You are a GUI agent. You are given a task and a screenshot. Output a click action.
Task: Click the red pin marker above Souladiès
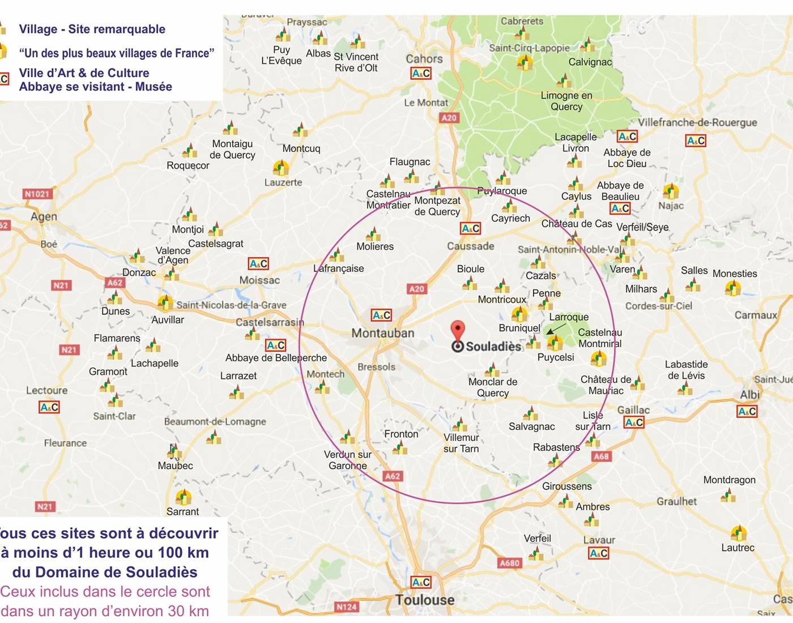(x=457, y=330)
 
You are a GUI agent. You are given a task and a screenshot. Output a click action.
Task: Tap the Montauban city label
(x=383, y=333)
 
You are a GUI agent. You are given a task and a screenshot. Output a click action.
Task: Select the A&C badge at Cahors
(x=421, y=73)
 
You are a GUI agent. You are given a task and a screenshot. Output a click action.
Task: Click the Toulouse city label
(x=425, y=600)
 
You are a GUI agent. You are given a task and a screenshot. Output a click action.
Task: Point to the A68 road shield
(x=601, y=456)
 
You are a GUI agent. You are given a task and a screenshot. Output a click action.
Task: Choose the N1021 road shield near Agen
(x=37, y=194)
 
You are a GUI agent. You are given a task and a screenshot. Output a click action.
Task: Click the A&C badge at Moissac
(x=259, y=264)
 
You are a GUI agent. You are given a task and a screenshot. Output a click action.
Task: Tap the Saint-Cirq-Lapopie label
(x=529, y=48)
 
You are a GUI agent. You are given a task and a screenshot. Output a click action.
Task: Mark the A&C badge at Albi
(x=747, y=411)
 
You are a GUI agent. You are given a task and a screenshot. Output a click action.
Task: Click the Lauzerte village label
(x=283, y=182)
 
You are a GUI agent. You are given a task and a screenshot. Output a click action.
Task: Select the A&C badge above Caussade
(x=471, y=228)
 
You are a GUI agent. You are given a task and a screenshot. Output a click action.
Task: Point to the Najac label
(x=671, y=206)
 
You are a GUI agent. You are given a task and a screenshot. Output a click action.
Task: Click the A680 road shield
(x=509, y=563)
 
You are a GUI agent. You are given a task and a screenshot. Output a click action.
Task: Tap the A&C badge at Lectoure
(x=49, y=407)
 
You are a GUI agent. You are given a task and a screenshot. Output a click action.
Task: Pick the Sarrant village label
(x=182, y=511)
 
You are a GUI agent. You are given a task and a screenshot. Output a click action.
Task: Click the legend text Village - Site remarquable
(x=92, y=29)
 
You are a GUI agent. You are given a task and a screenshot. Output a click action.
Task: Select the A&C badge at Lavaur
(x=599, y=553)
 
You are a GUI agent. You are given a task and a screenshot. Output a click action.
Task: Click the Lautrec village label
(x=737, y=548)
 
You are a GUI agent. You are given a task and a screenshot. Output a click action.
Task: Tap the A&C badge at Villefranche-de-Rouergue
(x=696, y=140)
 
